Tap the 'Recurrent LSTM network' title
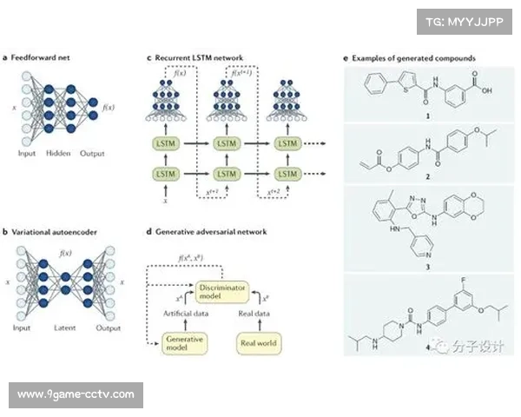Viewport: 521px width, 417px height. pos(199,58)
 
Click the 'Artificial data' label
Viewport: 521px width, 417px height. pos(184,313)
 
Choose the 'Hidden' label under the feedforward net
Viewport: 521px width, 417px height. pos(58,154)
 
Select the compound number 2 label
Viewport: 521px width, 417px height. pos(427,174)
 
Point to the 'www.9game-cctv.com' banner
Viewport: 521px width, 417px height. pos(76,395)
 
